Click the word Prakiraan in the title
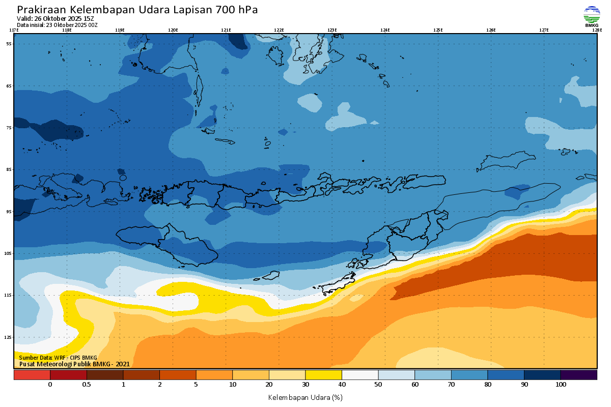[x=41, y=10]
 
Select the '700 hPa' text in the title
[x=237, y=10]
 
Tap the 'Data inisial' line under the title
[x=57, y=24]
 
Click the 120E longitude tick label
[x=173, y=30]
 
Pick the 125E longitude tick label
[x=438, y=30]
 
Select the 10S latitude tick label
[x=9, y=253]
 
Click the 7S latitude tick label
[x=9, y=128]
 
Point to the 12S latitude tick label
[x=9, y=337]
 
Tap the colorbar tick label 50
[x=378, y=385]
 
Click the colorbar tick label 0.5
[x=87, y=385]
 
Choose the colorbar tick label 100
[x=561, y=385]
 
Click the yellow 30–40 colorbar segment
[x=323, y=375]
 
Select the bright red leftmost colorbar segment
[x=32, y=375]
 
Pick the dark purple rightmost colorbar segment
[x=579, y=375]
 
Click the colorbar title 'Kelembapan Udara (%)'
[x=305, y=397]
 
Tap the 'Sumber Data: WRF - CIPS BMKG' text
[x=58, y=358]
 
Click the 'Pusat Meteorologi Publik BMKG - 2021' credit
[x=74, y=364]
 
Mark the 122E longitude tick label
[x=279, y=30]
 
